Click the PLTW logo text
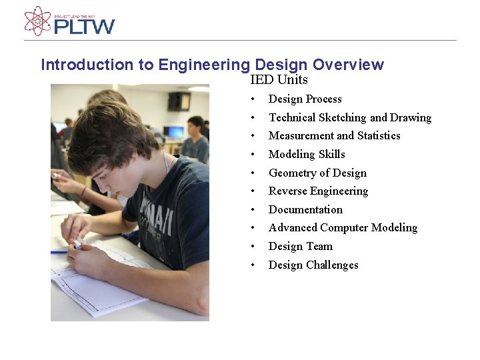[84, 26]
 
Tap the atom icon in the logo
[37, 21]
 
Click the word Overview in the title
[348, 65]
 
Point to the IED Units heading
[279, 80]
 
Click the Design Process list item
[305, 99]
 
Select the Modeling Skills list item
[307, 155]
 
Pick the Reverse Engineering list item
[318, 191]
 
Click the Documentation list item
[305, 210]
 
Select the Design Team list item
[300, 247]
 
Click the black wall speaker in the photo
[179, 101]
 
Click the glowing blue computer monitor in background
[175, 131]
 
